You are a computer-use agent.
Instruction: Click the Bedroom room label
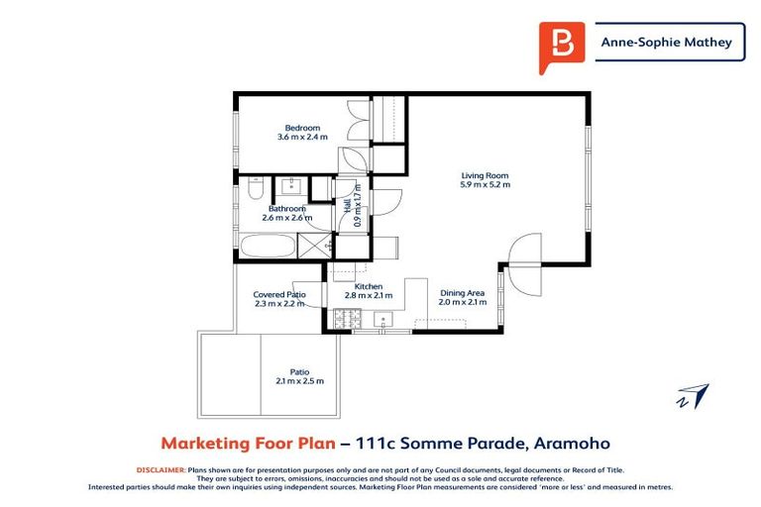tap(302, 128)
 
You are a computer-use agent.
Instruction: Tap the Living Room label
tap(485, 175)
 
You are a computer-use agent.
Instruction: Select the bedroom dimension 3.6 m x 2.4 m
tap(302, 138)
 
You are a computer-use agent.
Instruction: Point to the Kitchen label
tap(369, 287)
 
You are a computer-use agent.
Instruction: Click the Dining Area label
tap(462, 293)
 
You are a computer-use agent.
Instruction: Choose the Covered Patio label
tap(279, 294)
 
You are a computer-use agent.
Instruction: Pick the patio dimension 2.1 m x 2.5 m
tap(300, 381)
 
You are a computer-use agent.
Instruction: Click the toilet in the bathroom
tap(256, 188)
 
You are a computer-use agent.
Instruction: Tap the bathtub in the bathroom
tap(268, 246)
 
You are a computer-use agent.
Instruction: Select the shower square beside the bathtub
tap(314, 246)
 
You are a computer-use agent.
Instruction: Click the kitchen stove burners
tap(348, 318)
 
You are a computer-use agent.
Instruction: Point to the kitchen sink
tap(383, 319)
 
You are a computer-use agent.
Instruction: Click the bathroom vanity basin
tap(291, 185)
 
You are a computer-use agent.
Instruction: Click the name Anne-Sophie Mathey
tap(666, 43)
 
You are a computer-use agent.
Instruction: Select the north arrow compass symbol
tap(694, 396)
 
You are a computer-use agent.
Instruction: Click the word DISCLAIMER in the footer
tap(162, 470)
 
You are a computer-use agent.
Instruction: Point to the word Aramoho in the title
tap(572, 444)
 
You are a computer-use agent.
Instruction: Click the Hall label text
tap(348, 206)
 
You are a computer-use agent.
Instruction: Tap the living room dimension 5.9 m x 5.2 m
tap(485, 185)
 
